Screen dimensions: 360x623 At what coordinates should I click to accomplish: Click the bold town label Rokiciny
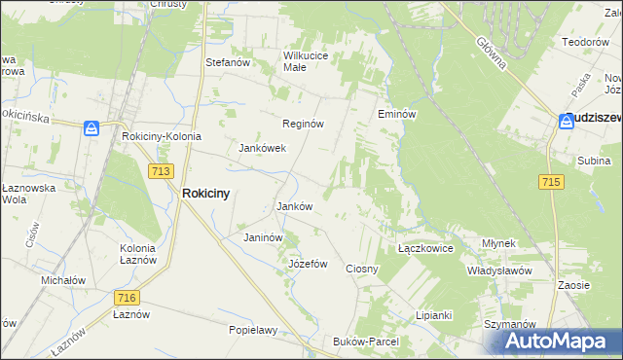[x=206, y=194]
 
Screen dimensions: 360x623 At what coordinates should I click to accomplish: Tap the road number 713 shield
[x=163, y=170]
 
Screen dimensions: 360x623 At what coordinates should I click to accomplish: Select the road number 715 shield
[x=551, y=182]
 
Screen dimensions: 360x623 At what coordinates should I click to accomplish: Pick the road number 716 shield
[x=126, y=298]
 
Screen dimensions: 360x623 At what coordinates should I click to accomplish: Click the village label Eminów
[x=397, y=115]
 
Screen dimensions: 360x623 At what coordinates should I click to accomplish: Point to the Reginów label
[x=302, y=125]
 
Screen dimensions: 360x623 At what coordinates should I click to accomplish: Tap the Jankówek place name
[x=262, y=149]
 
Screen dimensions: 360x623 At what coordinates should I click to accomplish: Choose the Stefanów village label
[x=229, y=62]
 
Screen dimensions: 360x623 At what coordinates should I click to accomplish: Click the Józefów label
[x=308, y=264]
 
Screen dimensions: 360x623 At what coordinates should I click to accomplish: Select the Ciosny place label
[x=362, y=268]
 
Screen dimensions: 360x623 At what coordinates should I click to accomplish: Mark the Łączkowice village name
[x=426, y=248]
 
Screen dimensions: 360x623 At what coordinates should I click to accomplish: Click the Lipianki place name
[x=434, y=315]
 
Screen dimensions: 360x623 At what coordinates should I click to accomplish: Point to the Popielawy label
[x=253, y=330]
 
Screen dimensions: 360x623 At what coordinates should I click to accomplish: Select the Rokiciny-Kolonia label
[x=162, y=136]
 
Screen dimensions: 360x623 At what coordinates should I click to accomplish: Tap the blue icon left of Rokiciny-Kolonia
[x=92, y=127]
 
